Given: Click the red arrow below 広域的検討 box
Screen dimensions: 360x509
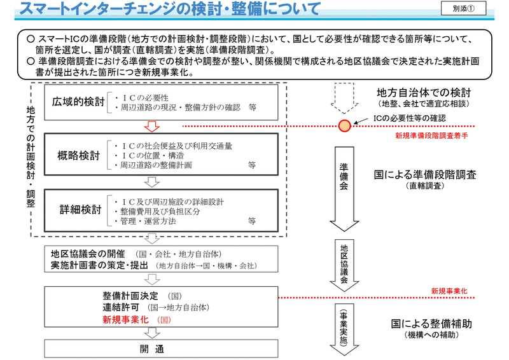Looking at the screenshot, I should coord(152,127).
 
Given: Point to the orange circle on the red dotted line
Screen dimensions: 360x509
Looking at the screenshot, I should coord(344,125).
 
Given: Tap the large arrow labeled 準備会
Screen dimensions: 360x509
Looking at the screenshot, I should coord(344,188).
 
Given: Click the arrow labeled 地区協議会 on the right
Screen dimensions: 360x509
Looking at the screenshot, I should coord(344,266).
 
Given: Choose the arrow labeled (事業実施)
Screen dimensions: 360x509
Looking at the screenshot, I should coord(344,330).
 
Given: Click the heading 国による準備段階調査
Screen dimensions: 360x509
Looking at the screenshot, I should coord(426,175).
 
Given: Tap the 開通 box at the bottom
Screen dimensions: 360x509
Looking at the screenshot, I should coord(152,349).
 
